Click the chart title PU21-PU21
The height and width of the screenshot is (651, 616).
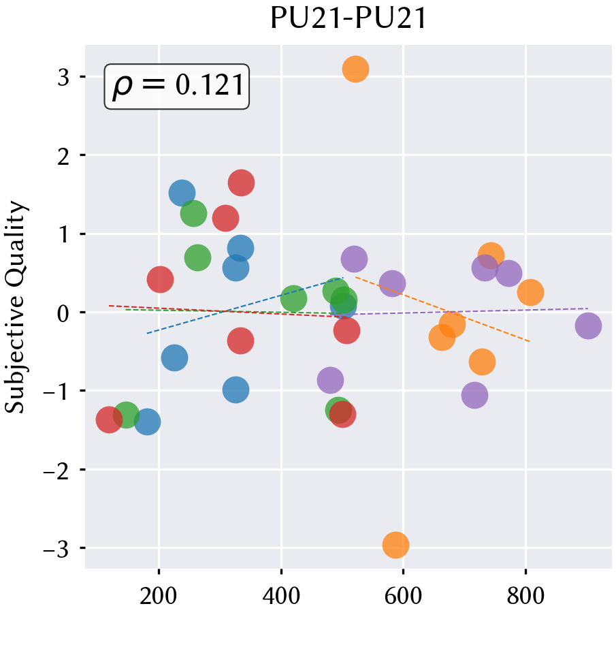click(348, 18)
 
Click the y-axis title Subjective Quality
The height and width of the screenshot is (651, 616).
click(16, 307)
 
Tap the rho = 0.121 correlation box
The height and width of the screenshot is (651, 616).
click(176, 86)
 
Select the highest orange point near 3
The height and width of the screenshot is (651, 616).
click(355, 69)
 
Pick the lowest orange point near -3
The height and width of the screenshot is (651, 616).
click(395, 545)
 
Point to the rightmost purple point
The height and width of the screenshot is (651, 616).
click(588, 326)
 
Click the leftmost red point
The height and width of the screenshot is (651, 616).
click(109, 419)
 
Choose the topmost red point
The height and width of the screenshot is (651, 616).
click(241, 182)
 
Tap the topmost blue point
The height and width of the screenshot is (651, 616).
click(182, 193)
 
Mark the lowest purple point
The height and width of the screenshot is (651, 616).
click(474, 395)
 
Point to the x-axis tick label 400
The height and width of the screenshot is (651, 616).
click(281, 597)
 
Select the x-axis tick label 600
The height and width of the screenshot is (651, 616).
click(403, 597)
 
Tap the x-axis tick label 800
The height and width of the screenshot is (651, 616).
click(525, 597)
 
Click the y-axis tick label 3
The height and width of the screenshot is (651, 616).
click(63, 77)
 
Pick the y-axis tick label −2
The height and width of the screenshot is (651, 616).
click(56, 471)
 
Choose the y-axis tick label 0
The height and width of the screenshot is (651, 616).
click(63, 313)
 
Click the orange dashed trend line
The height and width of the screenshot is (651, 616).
click(442, 309)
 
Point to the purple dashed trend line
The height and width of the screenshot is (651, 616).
click(472, 311)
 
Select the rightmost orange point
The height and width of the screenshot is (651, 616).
click(530, 292)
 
